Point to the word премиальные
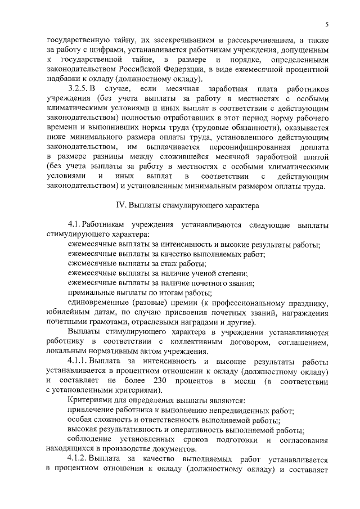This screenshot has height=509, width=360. point(93,292)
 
